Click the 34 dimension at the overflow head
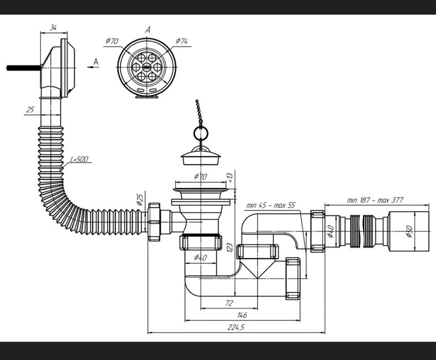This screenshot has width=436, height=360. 53,28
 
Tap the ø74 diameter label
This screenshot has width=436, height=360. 182,41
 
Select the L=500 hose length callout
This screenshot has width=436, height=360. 79,159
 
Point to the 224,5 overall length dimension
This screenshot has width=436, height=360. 236,327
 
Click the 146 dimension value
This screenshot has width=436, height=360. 242,315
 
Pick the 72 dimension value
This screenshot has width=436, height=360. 229,303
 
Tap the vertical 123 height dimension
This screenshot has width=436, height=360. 229,247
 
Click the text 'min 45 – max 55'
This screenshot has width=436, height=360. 270,205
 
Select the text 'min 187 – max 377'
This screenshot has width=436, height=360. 375,200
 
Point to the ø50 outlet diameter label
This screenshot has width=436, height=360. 409,231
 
